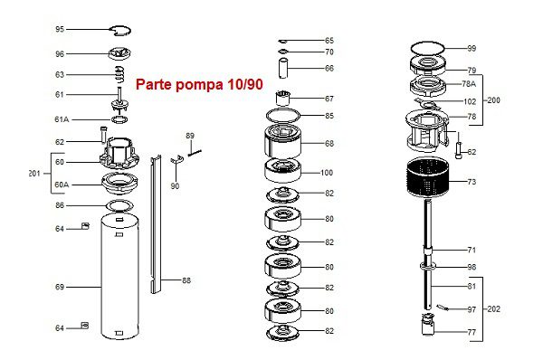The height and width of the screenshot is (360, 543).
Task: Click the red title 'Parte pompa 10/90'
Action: [199, 84]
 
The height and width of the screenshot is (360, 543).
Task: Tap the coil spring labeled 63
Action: [119, 75]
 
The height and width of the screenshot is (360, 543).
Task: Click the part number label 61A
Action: [62, 119]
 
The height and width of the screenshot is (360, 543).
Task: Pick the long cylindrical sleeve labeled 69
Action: [119, 276]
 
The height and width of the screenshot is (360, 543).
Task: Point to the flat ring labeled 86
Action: [119, 206]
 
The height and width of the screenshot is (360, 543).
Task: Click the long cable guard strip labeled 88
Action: [156, 224]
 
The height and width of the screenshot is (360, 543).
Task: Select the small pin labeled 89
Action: [195, 152]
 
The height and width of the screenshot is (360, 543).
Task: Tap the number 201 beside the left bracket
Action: [34, 174]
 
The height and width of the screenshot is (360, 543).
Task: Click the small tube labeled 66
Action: [283, 69]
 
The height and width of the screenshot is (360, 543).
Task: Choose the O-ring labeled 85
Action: [282, 115]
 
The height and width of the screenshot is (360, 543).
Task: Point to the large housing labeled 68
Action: [282, 142]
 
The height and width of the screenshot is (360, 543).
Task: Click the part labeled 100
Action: [282, 171]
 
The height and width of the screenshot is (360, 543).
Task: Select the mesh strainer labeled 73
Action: [428, 178]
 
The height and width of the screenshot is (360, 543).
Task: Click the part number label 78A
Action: [469, 84]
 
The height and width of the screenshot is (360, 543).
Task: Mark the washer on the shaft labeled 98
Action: [428, 266]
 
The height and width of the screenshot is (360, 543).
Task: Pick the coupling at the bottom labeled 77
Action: [428, 324]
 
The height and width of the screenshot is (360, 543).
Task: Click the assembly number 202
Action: [493, 308]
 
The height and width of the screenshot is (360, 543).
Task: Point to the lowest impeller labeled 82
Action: [282, 332]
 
